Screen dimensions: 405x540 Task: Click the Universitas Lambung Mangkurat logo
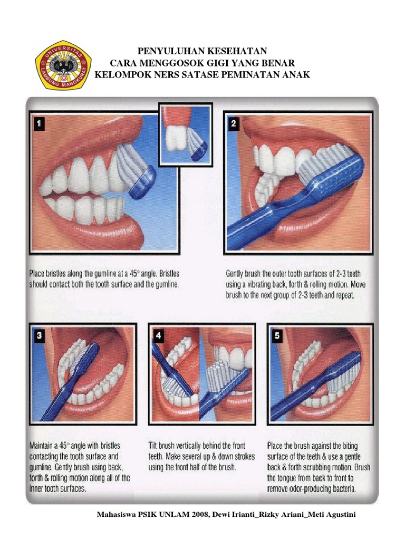click(x=63, y=65)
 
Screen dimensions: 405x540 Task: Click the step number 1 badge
click(x=40, y=123)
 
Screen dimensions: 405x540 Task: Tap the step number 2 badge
click(x=234, y=123)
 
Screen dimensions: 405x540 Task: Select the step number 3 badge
click(x=39, y=335)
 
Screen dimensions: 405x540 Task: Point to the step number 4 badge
click(x=158, y=335)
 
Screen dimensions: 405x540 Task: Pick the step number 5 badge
click(x=277, y=335)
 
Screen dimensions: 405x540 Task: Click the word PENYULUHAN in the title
click(x=164, y=51)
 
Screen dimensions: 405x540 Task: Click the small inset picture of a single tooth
click(x=185, y=134)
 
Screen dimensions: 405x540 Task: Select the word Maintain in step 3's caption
click(x=42, y=446)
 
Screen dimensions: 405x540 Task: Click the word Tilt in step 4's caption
click(x=152, y=446)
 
